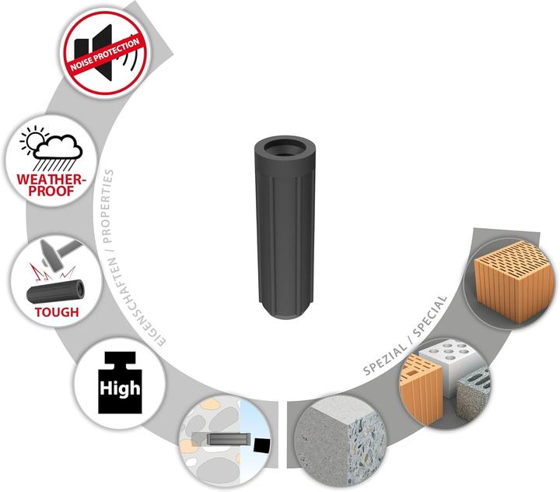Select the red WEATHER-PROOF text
coord(49,187)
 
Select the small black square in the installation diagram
coord(261,445)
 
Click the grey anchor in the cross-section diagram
coord(225,441)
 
